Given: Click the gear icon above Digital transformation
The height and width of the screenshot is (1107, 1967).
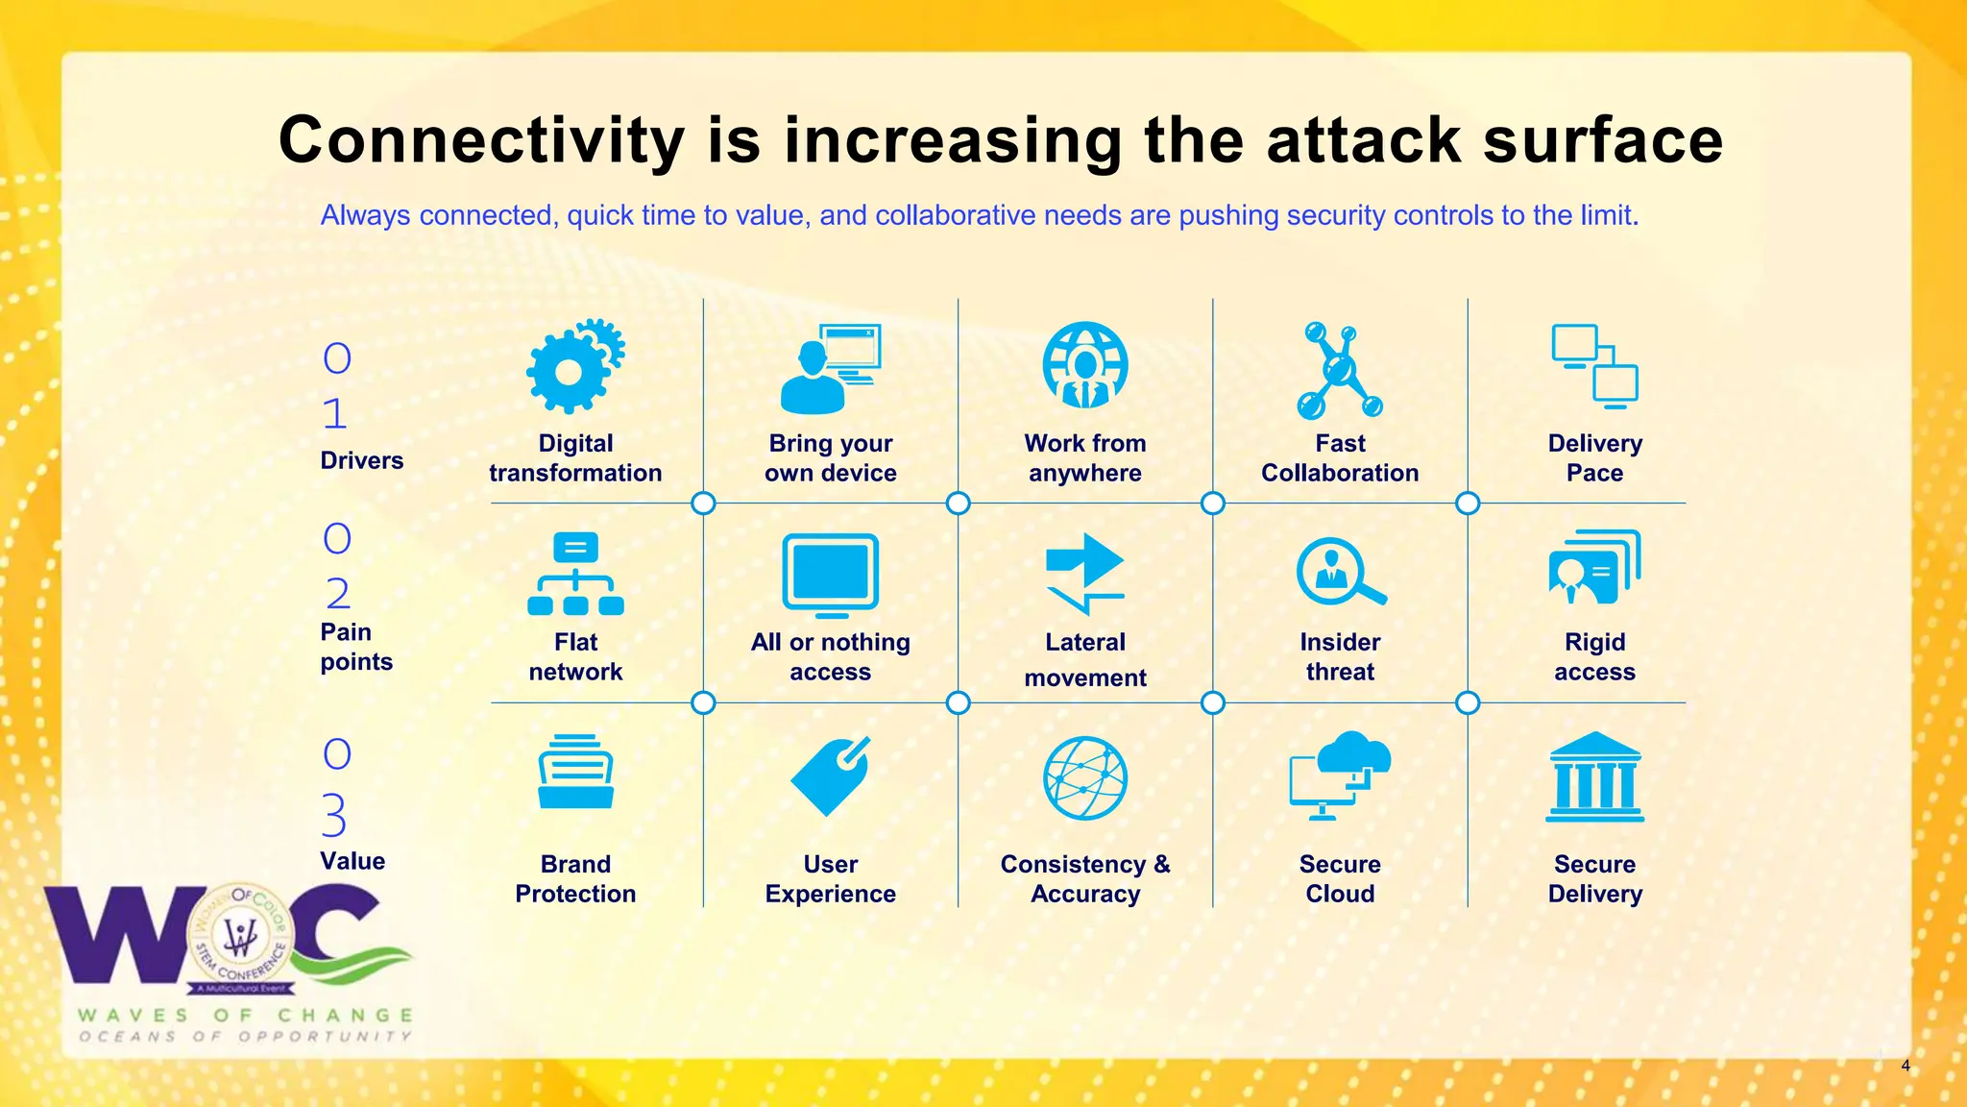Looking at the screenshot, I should click(x=574, y=367).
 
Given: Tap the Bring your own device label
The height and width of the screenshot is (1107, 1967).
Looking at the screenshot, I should click(x=830, y=457).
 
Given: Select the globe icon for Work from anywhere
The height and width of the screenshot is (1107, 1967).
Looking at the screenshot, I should click(x=1085, y=365).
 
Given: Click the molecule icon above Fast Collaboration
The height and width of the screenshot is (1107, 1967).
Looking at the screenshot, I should click(x=1339, y=371).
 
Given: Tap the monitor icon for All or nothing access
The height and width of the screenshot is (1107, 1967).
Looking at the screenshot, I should click(x=831, y=575).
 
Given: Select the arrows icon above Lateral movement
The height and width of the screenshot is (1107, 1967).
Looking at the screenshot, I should click(x=1085, y=574).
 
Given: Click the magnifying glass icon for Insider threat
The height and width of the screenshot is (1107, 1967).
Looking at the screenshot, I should click(x=1340, y=571).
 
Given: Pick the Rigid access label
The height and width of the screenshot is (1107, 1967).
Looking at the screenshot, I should click(x=1594, y=656).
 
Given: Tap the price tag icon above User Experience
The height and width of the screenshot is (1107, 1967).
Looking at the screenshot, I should click(x=831, y=776).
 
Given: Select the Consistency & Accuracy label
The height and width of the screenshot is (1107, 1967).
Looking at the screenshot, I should click(x=1085, y=878).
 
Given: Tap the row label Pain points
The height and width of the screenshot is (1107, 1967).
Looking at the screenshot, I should click(x=356, y=647).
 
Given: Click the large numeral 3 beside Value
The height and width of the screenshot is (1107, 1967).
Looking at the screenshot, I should click(x=334, y=816).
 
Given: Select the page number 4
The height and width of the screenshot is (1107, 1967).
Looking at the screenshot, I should click(x=1906, y=1066).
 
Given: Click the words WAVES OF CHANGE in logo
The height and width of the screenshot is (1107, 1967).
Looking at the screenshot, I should click(x=246, y=1016).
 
